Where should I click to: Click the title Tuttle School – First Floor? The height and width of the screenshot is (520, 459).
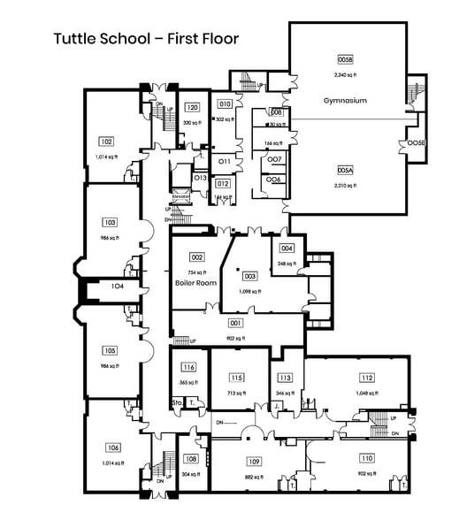tap(146, 38)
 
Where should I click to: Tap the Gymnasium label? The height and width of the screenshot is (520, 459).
tap(344, 101)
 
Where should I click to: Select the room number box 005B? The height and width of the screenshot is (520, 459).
tap(345, 59)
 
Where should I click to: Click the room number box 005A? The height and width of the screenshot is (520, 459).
tap(345, 171)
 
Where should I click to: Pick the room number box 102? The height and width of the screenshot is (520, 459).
tap(106, 141)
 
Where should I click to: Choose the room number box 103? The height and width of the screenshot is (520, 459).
tap(110, 223)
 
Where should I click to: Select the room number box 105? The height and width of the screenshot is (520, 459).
tap(110, 350)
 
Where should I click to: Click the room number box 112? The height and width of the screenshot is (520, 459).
tap(367, 377)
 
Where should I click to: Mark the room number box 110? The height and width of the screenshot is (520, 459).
tap(367, 459)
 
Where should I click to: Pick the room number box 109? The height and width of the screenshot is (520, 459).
tap(254, 463)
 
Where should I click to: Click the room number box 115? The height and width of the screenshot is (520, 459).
tap(236, 377)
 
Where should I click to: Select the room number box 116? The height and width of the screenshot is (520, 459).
tap(188, 367)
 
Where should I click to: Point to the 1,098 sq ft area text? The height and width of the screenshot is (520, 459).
tap(250, 291)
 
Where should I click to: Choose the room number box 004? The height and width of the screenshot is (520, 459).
tap(287, 249)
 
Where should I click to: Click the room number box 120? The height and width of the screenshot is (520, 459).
tap(191, 109)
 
